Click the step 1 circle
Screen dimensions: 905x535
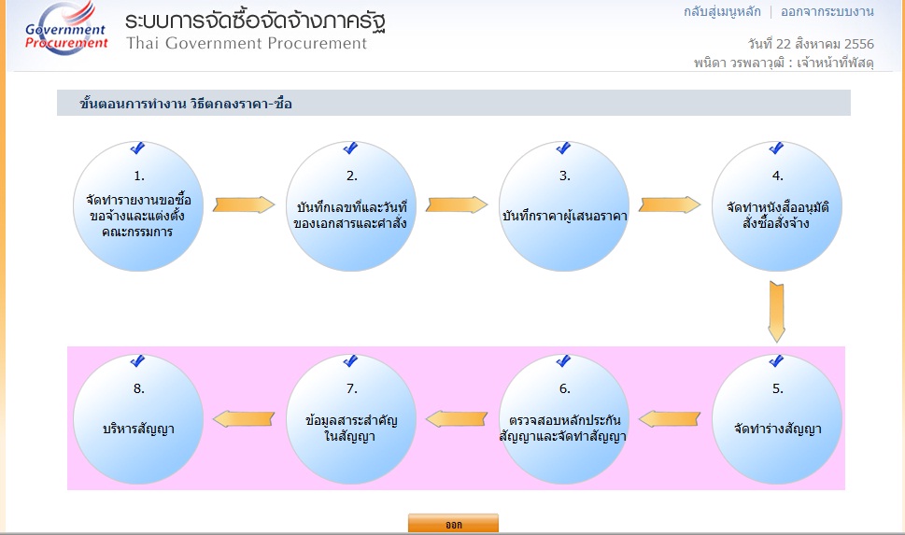[x=138, y=206]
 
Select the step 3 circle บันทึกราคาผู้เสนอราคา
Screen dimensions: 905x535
[x=564, y=206]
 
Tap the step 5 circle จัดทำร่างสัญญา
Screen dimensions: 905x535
[x=777, y=419]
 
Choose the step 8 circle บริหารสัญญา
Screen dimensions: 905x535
[x=138, y=419]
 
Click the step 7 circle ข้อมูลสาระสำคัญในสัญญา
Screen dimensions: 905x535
[x=351, y=419]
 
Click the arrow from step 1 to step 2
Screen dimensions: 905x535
[x=244, y=204]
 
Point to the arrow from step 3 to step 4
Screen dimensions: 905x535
[x=670, y=204]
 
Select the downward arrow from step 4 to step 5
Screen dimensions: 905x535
[x=777, y=312]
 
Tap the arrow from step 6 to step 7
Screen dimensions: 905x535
[x=457, y=418]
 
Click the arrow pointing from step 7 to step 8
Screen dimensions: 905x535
[x=244, y=418]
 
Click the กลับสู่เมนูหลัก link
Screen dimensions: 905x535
[x=722, y=11]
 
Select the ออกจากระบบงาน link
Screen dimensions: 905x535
[x=827, y=11]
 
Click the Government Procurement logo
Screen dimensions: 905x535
[x=65, y=29]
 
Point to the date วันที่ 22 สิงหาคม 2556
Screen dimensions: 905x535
[x=811, y=44]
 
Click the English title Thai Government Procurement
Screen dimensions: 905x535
[x=247, y=43]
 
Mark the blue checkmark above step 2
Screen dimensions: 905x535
[x=350, y=148]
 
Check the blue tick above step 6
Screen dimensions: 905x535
[x=563, y=361]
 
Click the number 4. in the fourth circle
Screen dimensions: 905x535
[x=777, y=176]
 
